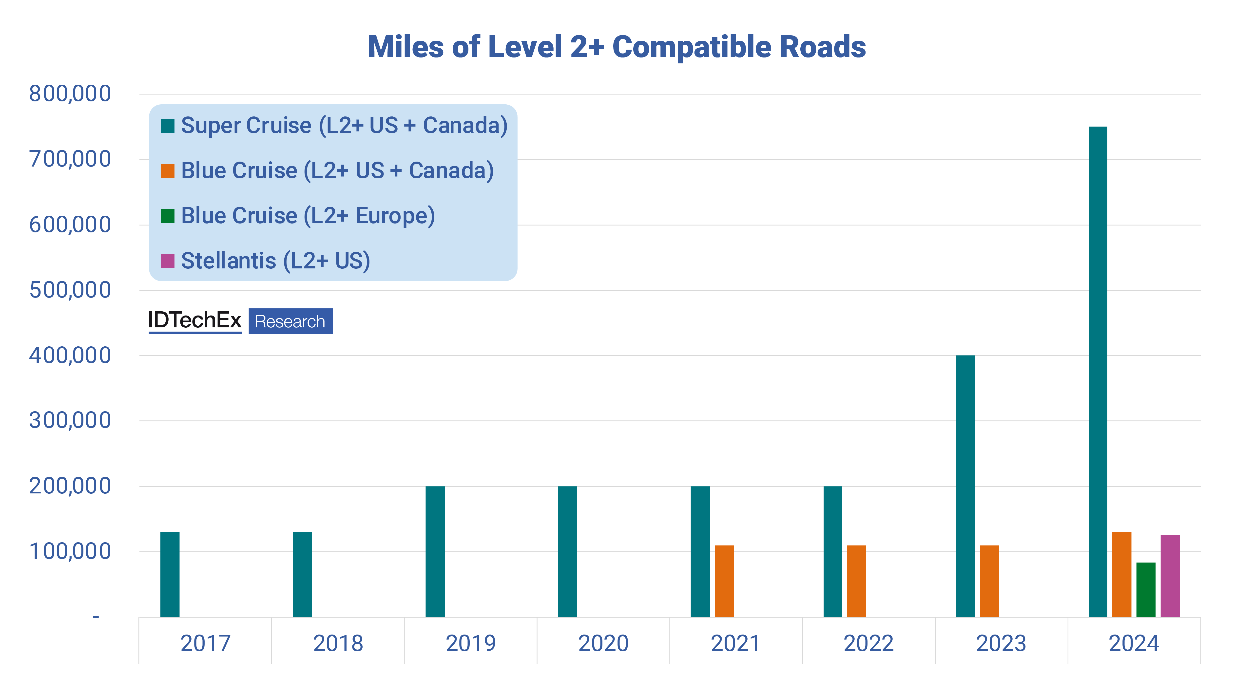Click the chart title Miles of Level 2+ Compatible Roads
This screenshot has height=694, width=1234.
617,47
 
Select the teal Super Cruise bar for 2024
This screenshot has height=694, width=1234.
1098,371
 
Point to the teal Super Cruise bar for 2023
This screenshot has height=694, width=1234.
965,486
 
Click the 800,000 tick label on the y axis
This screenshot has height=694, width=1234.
70,94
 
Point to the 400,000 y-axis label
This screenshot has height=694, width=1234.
70,355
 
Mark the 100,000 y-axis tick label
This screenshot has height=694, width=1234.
70,551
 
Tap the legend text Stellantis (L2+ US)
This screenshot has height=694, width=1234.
275,261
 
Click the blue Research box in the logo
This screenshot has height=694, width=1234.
290,321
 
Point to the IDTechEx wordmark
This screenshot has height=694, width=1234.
194,320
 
